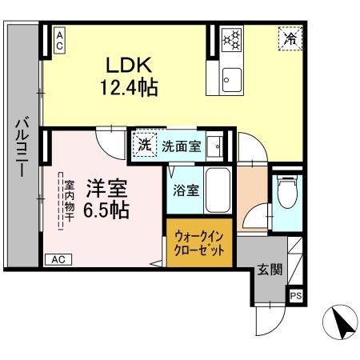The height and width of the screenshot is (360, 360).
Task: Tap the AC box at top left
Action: tap(60, 40)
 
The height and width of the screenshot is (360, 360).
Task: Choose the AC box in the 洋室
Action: tap(58, 259)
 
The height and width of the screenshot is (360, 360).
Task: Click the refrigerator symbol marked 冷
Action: tap(290, 38)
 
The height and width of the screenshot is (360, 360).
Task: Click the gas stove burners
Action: tap(233, 38)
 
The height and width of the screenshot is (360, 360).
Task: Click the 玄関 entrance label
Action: tap(270, 270)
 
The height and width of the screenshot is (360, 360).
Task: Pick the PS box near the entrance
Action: tap(296, 296)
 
